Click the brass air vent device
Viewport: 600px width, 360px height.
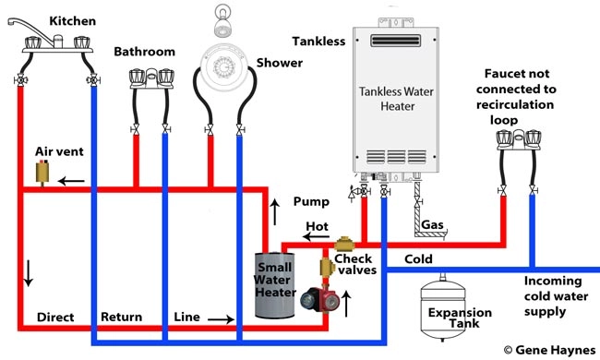coord(41,172)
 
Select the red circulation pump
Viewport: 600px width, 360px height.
coord(311,300)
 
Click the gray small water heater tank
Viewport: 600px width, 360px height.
coord(275,286)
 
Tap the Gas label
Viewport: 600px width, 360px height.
coord(432,225)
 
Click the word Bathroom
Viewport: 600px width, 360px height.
coord(144,52)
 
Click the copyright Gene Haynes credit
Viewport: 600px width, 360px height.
coord(548,350)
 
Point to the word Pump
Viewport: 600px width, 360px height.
coord(310,200)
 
